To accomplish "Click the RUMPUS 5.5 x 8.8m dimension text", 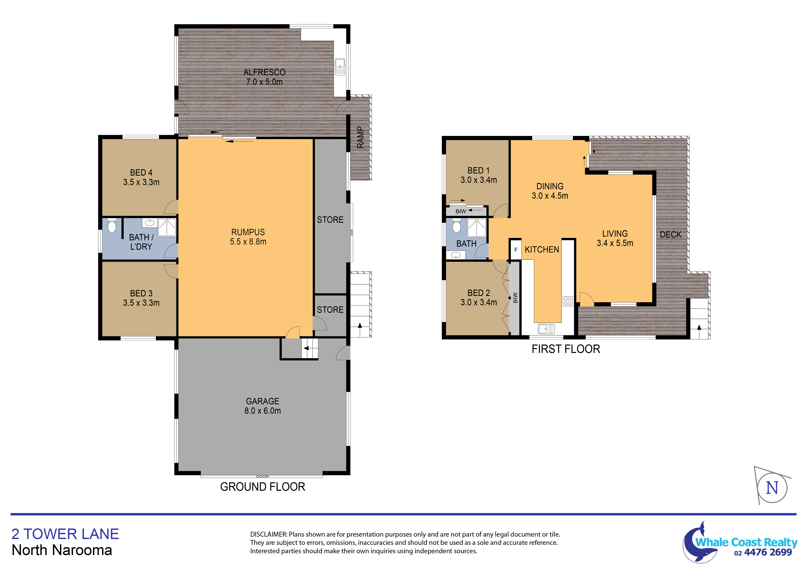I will click(x=248, y=242).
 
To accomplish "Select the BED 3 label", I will click(x=141, y=293).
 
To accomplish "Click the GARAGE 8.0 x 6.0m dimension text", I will click(x=263, y=411).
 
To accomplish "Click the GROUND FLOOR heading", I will click(x=263, y=487).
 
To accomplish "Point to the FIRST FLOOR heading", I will click(x=566, y=349).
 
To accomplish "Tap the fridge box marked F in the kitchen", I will click(x=516, y=250).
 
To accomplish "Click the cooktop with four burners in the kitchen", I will click(x=568, y=301).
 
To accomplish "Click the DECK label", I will click(x=670, y=235).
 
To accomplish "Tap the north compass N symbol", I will click(x=772, y=488).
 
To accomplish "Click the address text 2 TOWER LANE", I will click(x=65, y=534).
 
